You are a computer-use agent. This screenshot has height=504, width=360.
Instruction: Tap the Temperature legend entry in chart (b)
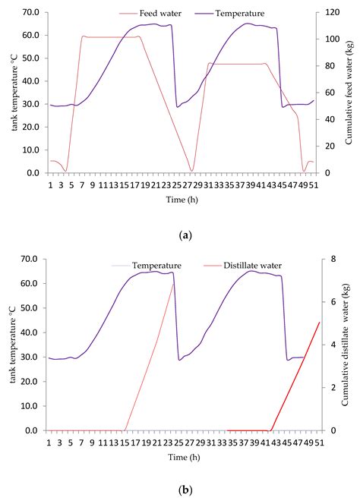153,266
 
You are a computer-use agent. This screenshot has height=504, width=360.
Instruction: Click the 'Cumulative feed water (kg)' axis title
349,93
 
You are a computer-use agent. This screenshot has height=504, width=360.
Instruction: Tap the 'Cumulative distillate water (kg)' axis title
349,345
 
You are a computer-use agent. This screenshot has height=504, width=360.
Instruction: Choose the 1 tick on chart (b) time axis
50,442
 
